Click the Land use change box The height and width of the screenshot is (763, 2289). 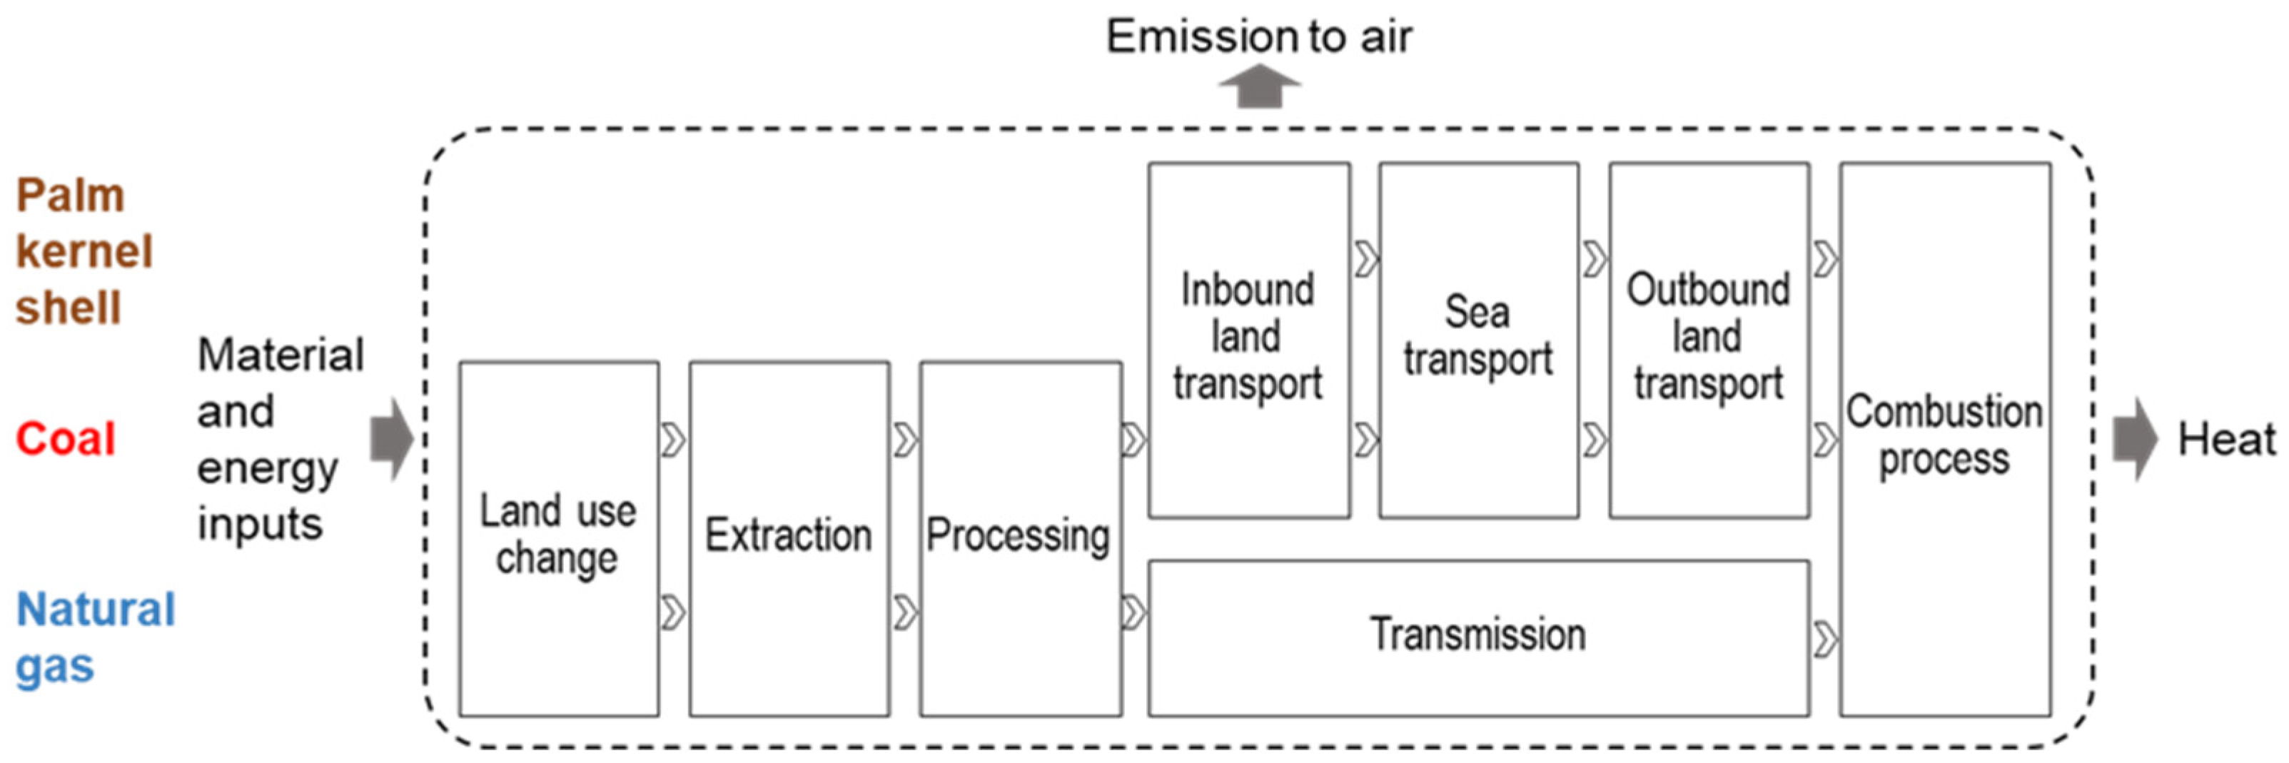tap(558, 538)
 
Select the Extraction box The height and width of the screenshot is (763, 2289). tap(788, 538)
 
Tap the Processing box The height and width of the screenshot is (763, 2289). tap(1019, 538)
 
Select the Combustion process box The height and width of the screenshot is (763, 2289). tap(1944, 438)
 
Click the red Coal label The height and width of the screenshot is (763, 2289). tap(66, 439)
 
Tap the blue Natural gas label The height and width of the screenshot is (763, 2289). tap(94, 637)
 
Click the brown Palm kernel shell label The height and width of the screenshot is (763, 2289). tap(84, 251)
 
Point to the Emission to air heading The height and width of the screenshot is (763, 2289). tap(1258, 37)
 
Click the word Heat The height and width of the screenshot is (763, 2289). tap(2227, 440)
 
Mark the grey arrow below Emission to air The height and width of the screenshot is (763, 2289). tap(1259, 89)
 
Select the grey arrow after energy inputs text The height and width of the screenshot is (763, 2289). tap(392, 439)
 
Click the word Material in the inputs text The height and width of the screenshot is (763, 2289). tap(281, 355)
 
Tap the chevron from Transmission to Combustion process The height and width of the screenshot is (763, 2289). tap(1824, 639)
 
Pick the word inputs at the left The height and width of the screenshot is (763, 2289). tap(260, 524)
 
